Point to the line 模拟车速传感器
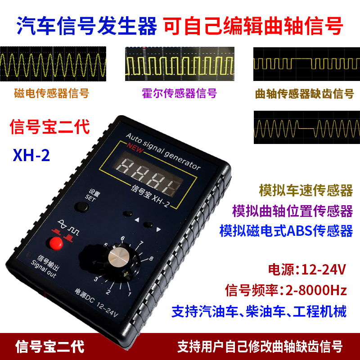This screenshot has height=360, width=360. coord(306,190)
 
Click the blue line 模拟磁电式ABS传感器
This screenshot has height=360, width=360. coord(286,231)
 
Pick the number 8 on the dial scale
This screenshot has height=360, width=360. coord(151,258)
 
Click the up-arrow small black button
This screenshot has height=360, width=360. coord(129,213)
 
